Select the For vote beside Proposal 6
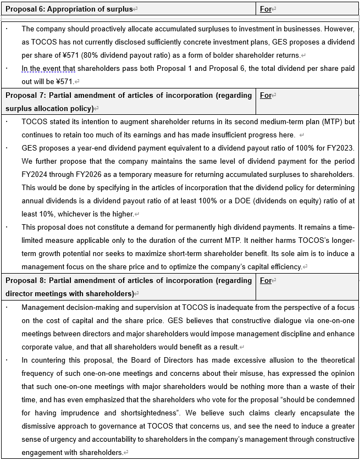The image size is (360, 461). (266, 9)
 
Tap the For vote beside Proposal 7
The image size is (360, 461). (266, 95)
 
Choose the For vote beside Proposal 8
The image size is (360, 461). (266, 280)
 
